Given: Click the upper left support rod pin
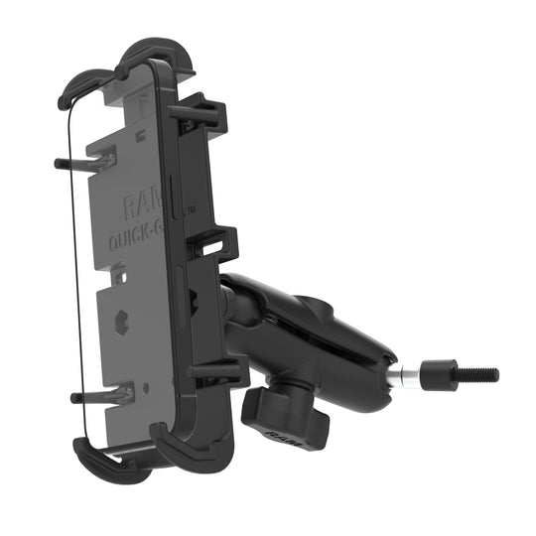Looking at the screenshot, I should pos(84,158).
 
